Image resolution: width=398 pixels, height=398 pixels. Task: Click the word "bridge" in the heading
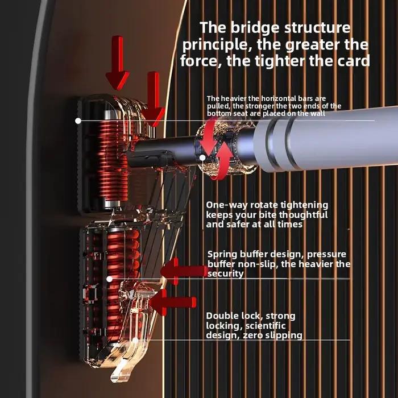[x=256, y=28]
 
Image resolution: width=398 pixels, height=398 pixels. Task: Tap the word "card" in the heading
[x=354, y=61]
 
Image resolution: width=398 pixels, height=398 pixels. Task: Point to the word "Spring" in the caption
[x=222, y=255]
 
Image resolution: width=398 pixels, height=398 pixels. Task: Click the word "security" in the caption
[x=225, y=273]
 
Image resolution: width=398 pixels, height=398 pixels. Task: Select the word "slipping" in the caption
[x=285, y=335]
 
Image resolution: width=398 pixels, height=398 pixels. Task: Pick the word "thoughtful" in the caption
[x=303, y=215]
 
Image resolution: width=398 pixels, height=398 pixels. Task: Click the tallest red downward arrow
[x=118, y=63]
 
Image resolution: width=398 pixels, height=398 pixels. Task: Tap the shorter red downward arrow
[x=154, y=99]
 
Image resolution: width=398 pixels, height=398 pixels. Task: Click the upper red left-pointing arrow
[x=185, y=271]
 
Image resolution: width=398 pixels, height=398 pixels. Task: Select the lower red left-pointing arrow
[x=173, y=302]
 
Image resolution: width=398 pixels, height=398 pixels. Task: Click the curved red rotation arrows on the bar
[x=217, y=150]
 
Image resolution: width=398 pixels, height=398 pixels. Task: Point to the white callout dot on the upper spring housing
[x=78, y=121]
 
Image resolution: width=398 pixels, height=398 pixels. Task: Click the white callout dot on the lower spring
[x=109, y=279]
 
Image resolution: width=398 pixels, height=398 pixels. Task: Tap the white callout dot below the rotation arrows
[x=202, y=158]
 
